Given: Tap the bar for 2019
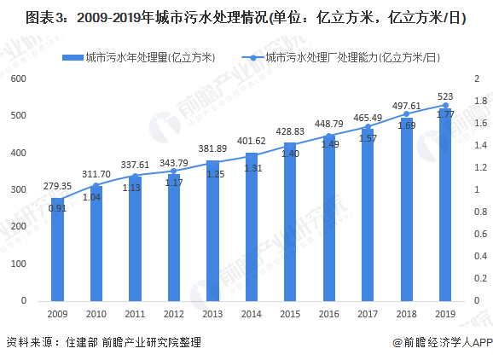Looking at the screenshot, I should click(x=444, y=205).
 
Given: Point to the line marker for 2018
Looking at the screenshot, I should click(x=406, y=113).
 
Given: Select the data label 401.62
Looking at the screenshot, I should click(x=251, y=141).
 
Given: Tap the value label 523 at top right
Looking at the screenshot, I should click(x=444, y=96).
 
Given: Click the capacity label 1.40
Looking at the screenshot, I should click(x=290, y=154).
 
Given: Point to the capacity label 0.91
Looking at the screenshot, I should click(x=57, y=207).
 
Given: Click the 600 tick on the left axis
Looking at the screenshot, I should click(x=19, y=78).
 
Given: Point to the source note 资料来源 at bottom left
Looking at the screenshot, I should click(x=103, y=342).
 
